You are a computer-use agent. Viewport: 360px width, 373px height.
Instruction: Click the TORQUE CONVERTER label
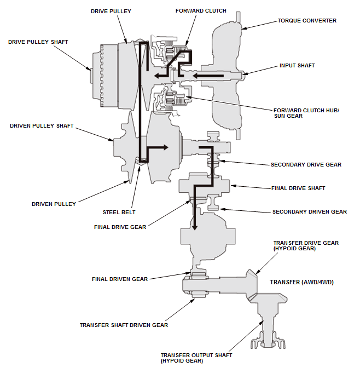[307, 21]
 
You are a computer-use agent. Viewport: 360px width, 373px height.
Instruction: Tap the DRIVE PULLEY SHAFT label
[38, 42]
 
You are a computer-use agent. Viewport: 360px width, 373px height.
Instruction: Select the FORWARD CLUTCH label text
[201, 11]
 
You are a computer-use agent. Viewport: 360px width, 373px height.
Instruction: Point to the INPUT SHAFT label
[297, 65]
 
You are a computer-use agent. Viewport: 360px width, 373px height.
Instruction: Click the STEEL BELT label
[119, 212]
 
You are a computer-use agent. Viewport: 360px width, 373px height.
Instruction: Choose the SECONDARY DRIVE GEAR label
[306, 165]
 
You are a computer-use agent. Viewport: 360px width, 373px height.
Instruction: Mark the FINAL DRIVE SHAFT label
[298, 188]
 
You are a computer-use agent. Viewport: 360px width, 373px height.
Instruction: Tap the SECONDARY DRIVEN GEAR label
[310, 212]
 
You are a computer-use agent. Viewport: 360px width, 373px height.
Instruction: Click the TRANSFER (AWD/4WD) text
[302, 282]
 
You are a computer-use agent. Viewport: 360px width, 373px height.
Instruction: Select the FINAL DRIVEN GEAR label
[120, 279]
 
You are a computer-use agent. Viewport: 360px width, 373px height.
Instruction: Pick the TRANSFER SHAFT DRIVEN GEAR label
[124, 325]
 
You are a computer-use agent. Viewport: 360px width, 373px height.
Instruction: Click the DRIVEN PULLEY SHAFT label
[42, 125]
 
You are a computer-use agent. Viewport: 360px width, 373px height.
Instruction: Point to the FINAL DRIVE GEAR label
[120, 227]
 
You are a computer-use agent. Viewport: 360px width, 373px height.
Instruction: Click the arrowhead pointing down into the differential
[195, 227]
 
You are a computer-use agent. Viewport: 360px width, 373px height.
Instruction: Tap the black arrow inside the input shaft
[208, 76]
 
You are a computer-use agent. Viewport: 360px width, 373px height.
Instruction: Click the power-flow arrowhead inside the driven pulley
[166, 147]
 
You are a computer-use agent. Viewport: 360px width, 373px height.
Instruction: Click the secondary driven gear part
[213, 202]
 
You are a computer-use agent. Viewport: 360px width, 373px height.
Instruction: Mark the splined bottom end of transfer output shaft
[268, 340]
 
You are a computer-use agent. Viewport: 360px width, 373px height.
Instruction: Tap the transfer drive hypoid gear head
[252, 284]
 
